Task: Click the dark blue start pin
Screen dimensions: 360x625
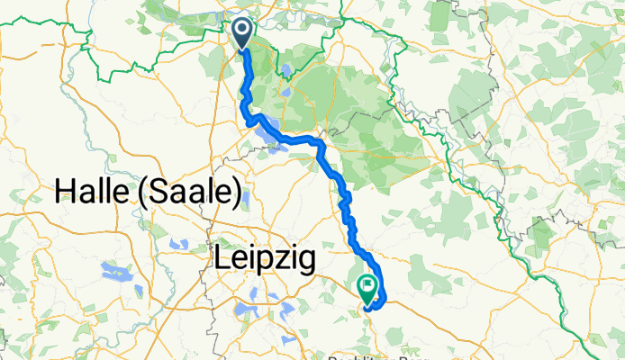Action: pyautogui.click(x=244, y=33)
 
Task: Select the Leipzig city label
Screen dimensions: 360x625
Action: pyautogui.click(x=265, y=260)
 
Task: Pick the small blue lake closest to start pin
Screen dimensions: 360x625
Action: pyautogui.click(x=285, y=70)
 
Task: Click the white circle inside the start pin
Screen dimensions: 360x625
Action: pyautogui.click(x=244, y=30)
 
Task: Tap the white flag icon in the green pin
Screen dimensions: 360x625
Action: pyautogui.click(x=368, y=285)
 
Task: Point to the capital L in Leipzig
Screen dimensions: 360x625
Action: pyautogui.click(x=222, y=260)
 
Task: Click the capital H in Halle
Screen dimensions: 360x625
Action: pyautogui.click(x=66, y=191)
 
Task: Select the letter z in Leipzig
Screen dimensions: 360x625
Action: pyautogui.click(x=285, y=260)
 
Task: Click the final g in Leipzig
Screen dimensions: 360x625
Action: pyautogui.click(x=306, y=263)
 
